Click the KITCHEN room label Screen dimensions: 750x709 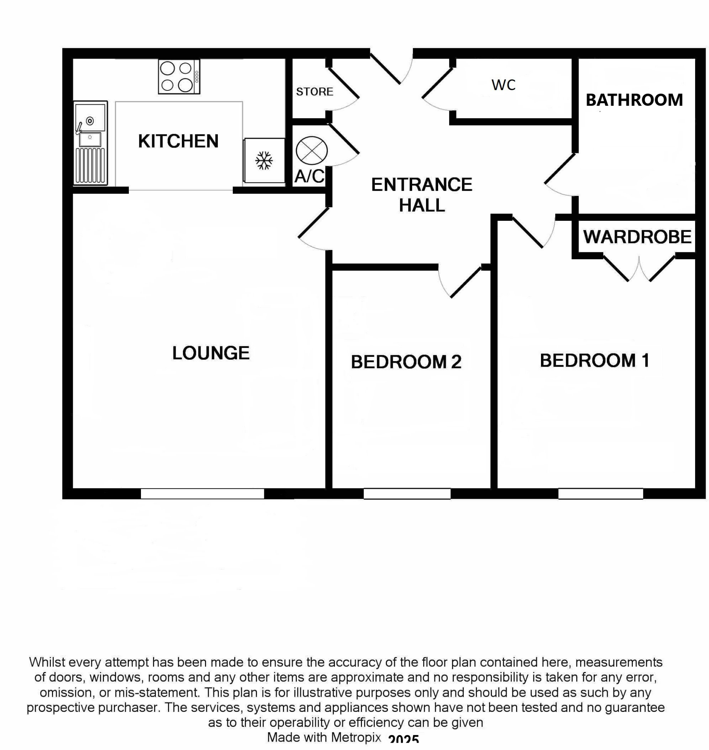pyautogui.click(x=178, y=141)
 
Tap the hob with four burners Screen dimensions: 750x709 pyautogui.click(x=179, y=77)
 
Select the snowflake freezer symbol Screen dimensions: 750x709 pyautogui.click(x=264, y=161)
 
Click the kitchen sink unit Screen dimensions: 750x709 pyautogui.click(x=90, y=143)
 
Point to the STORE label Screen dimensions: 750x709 pyautogui.click(x=314, y=92)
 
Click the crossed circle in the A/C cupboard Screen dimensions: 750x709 pyautogui.click(x=311, y=151)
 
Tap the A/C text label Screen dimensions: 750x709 pyautogui.click(x=309, y=176)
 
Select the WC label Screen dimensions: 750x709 pyautogui.click(x=503, y=85)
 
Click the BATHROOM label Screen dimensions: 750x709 pyautogui.click(x=634, y=100)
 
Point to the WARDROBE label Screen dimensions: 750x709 pyautogui.click(x=637, y=237)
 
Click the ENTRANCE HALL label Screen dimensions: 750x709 pyautogui.click(x=422, y=195)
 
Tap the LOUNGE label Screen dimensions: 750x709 pyautogui.click(x=211, y=353)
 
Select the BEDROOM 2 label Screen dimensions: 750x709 pyautogui.click(x=406, y=362)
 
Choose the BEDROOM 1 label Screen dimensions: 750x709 pyautogui.click(x=595, y=361)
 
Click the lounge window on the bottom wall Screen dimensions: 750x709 pyautogui.click(x=202, y=494)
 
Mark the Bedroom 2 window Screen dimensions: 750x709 pyautogui.click(x=407, y=494)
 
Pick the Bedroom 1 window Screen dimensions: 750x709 pyautogui.click(x=601, y=494)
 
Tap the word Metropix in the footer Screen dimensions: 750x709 pyautogui.click(x=356, y=737)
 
